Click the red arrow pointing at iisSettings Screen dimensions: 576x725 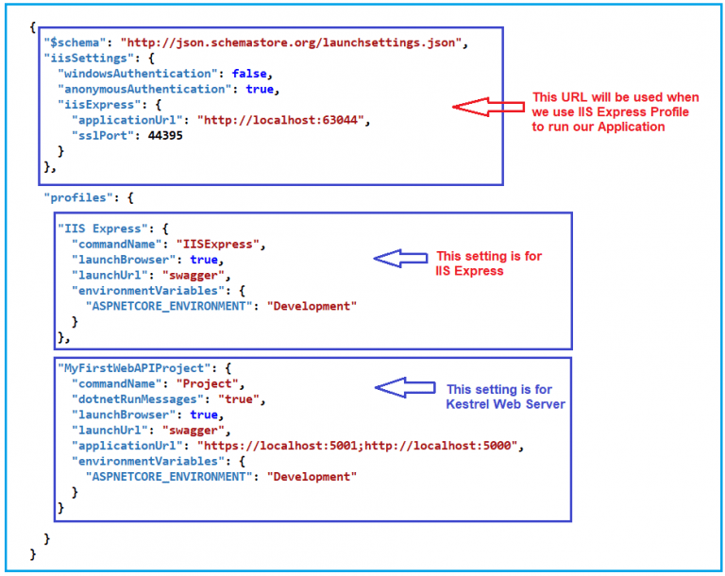(487, 107)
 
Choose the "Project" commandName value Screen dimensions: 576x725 (210, 384)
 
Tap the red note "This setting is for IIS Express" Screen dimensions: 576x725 (489, 263)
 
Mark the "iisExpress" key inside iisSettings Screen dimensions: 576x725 (93, 105)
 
